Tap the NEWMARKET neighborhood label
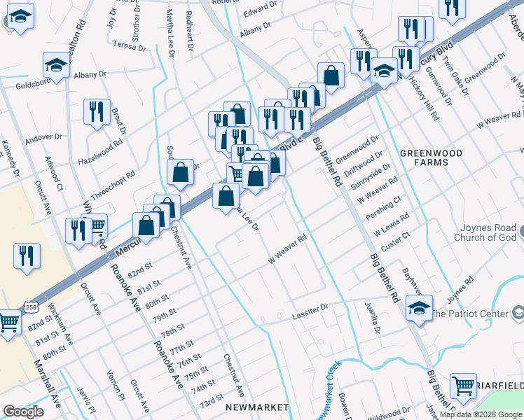257,407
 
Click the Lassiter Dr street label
310,309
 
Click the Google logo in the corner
23,412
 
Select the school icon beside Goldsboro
57,66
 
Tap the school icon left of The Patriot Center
419,309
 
